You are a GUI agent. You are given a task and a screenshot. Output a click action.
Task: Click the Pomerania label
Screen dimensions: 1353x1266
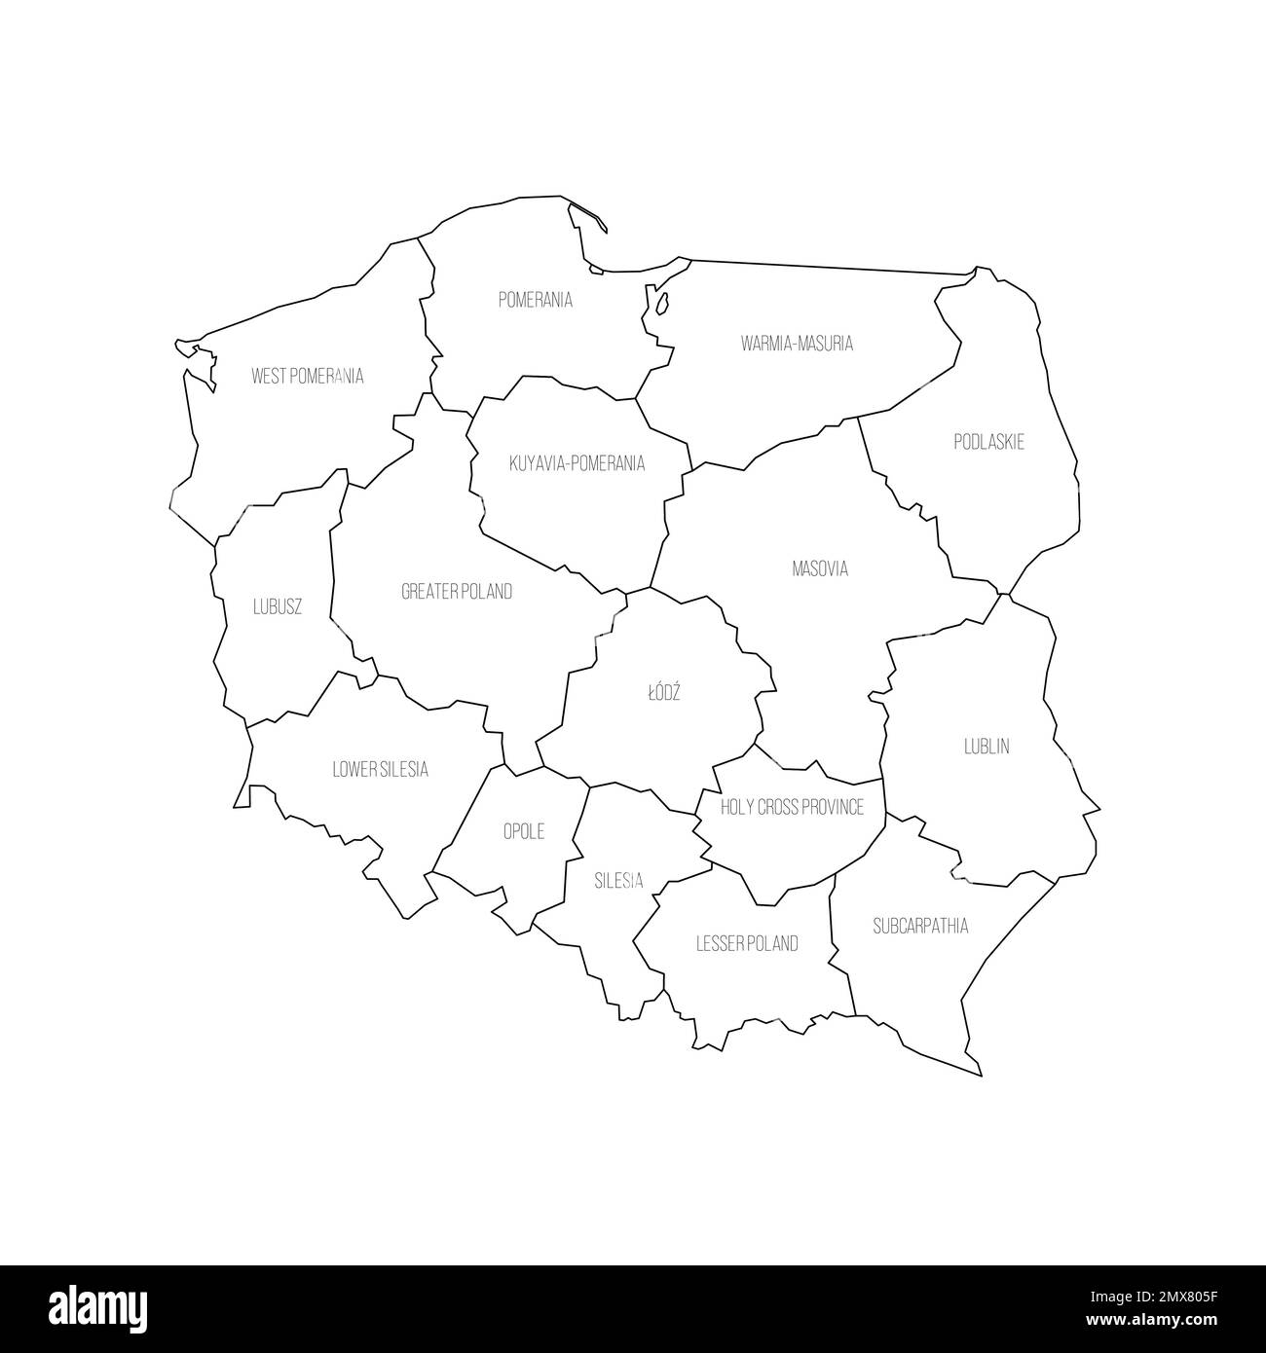[535, 300]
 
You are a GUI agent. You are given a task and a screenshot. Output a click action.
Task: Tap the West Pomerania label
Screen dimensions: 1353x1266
[307, 376]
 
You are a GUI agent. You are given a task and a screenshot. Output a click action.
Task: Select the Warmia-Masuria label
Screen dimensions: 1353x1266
[797, 343]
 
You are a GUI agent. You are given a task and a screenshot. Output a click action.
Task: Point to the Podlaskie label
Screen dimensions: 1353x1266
[988, 442]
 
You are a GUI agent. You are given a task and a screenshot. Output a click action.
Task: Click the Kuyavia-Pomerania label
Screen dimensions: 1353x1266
[577, 463]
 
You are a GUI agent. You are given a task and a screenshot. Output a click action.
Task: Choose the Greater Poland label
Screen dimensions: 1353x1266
[457, 591]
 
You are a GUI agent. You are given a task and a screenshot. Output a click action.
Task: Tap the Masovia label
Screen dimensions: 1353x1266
[820, 568]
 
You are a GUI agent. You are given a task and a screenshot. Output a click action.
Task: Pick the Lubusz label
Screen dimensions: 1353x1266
[278, 606]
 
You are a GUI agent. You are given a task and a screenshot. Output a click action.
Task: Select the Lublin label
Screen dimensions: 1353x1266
[987, 747]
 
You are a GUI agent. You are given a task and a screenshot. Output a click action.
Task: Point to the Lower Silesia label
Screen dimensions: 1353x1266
[380, 769]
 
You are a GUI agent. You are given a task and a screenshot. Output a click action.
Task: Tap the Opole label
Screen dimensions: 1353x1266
[523, 831]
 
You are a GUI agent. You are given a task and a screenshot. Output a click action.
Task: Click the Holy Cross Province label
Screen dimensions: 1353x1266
[792, 807]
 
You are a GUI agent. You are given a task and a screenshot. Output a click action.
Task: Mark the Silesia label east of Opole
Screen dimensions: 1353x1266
[618, 880]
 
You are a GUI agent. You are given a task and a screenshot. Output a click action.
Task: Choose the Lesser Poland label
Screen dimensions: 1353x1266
[747, 942]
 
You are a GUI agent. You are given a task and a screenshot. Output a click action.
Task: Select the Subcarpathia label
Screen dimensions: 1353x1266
[920, 925]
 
